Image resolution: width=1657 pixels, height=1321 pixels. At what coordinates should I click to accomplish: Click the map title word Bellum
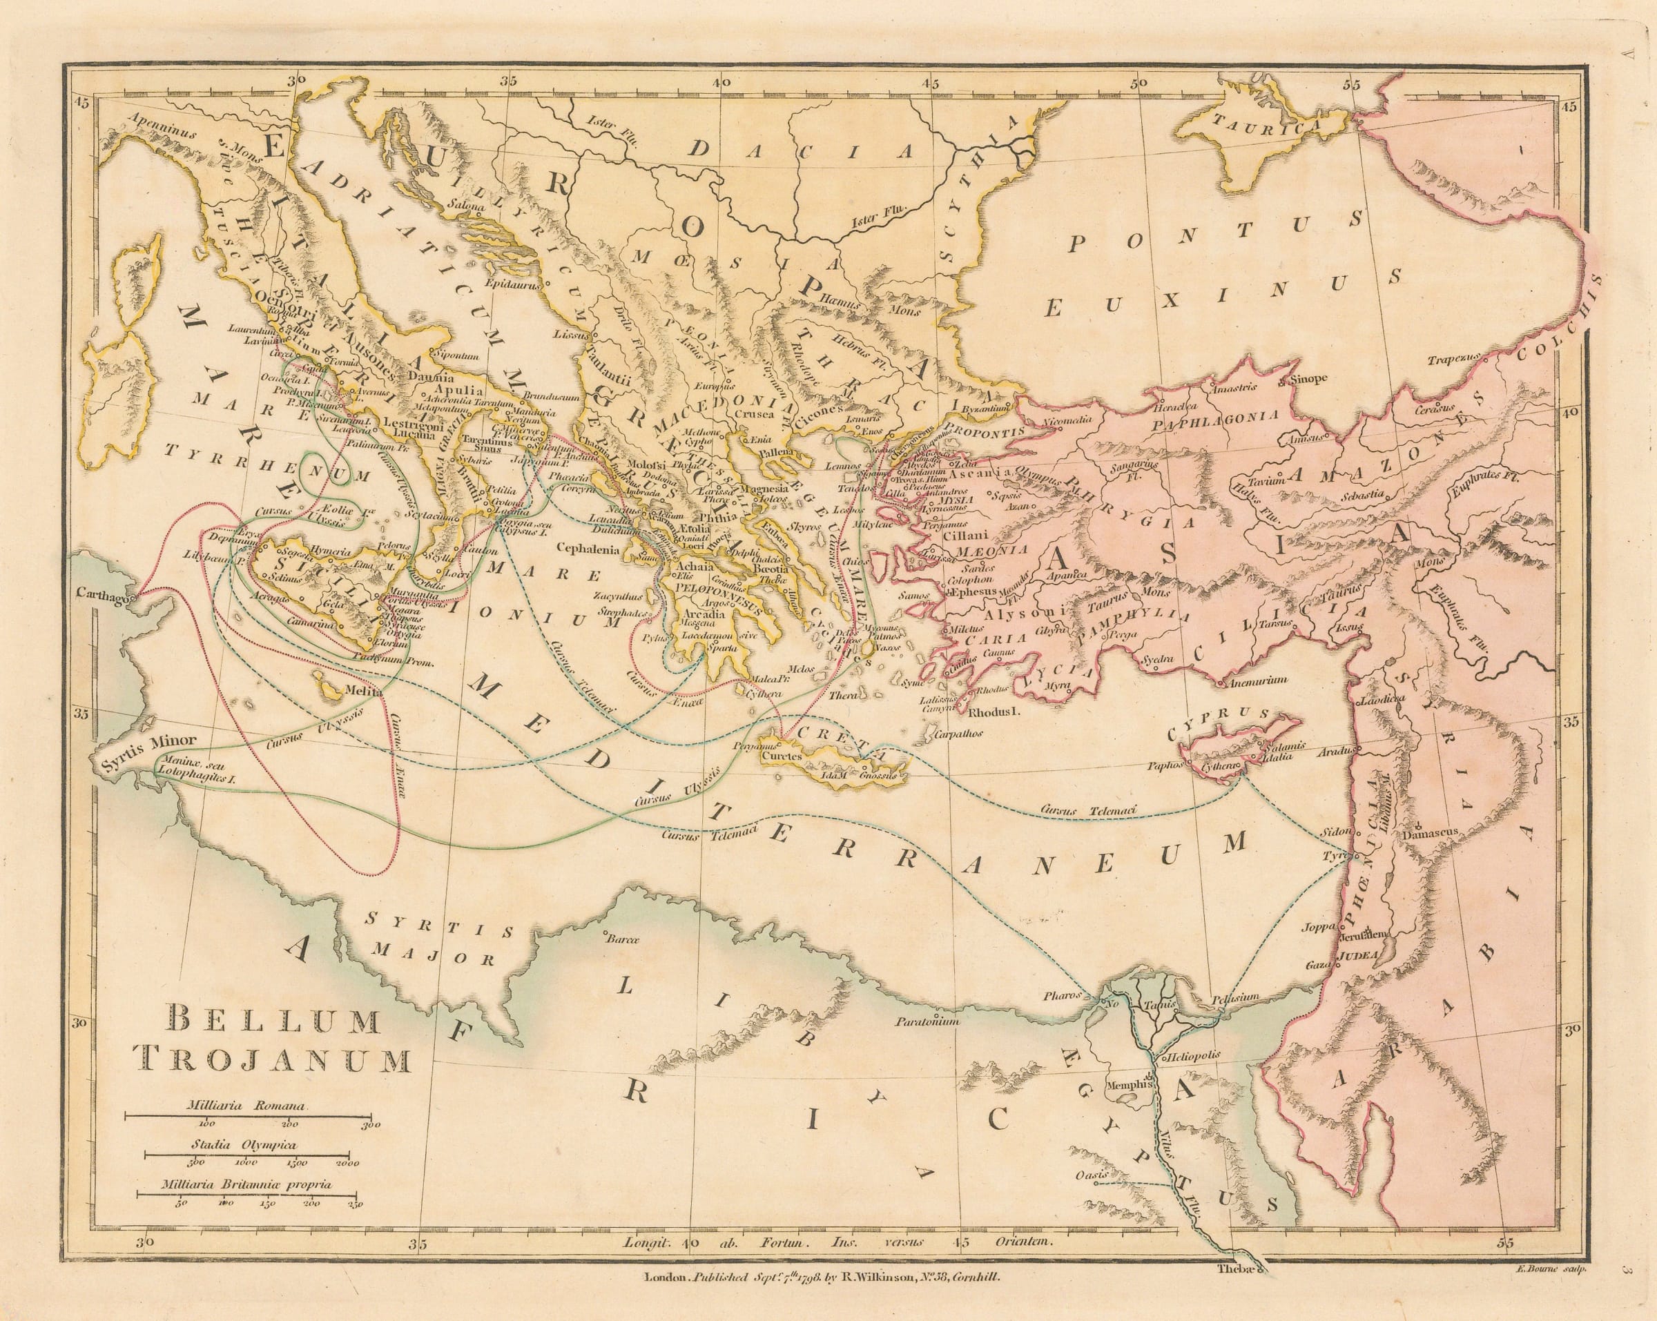pyautogui.click(x=273, y=1021)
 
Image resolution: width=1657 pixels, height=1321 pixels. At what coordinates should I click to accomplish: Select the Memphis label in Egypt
pyautogui.click(x=1127, y=1085)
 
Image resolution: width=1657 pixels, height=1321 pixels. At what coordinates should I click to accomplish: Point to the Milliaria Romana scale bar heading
pyautogui.click(x=245, y=1105)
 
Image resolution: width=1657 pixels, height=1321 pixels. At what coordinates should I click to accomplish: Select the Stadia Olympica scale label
pyautogui.click(x=245, y=1144)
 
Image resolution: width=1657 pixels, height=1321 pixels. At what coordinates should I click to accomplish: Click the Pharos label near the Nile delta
pyautogui.click(x=1063, y=996)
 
